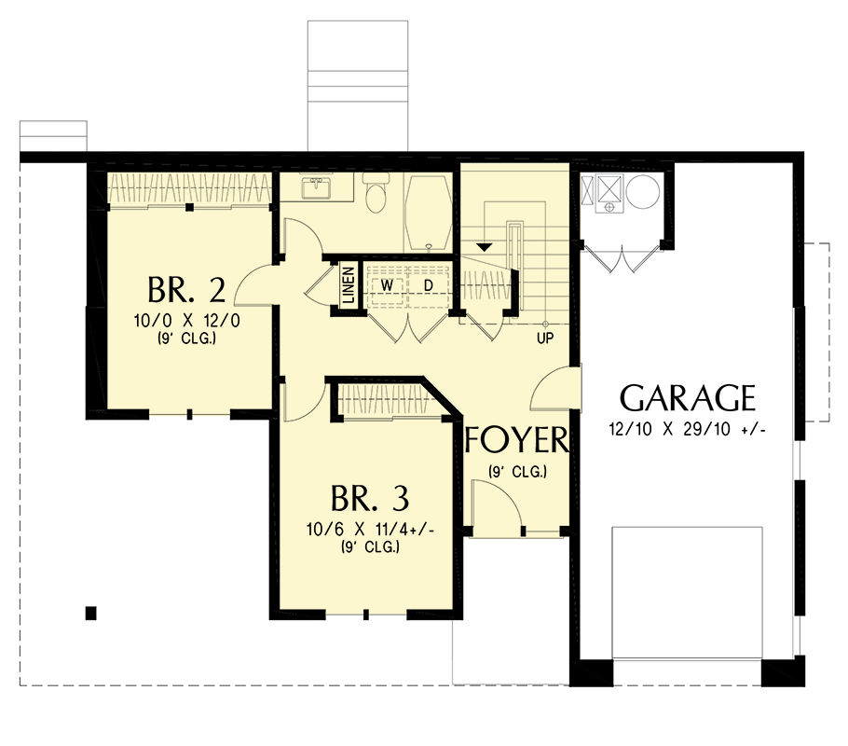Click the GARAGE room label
(688, 398)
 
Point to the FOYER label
(516, 439)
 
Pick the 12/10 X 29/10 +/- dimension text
(688, 432)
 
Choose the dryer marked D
(430, 283)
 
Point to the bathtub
(428, 211)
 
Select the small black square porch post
(90, 613)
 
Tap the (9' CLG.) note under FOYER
(516, 471)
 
